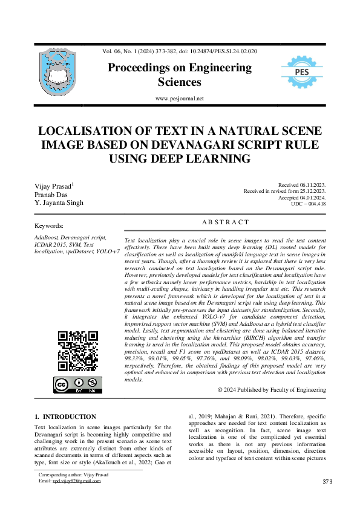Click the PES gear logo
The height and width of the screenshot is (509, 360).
[x=302, y=73]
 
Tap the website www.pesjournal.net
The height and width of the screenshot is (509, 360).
[x=180, y=99]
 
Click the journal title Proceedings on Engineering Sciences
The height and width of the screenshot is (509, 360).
[x=180, y=75]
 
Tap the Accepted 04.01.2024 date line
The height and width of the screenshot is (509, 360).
[x=302, y=198]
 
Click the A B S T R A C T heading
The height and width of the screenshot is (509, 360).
[x=224, y=222]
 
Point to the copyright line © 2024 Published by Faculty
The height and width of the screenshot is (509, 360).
[x=272, y=390]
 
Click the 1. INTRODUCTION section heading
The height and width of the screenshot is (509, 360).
[x=65, y=417]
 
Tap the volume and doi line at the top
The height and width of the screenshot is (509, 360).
[x=180, y=51]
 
